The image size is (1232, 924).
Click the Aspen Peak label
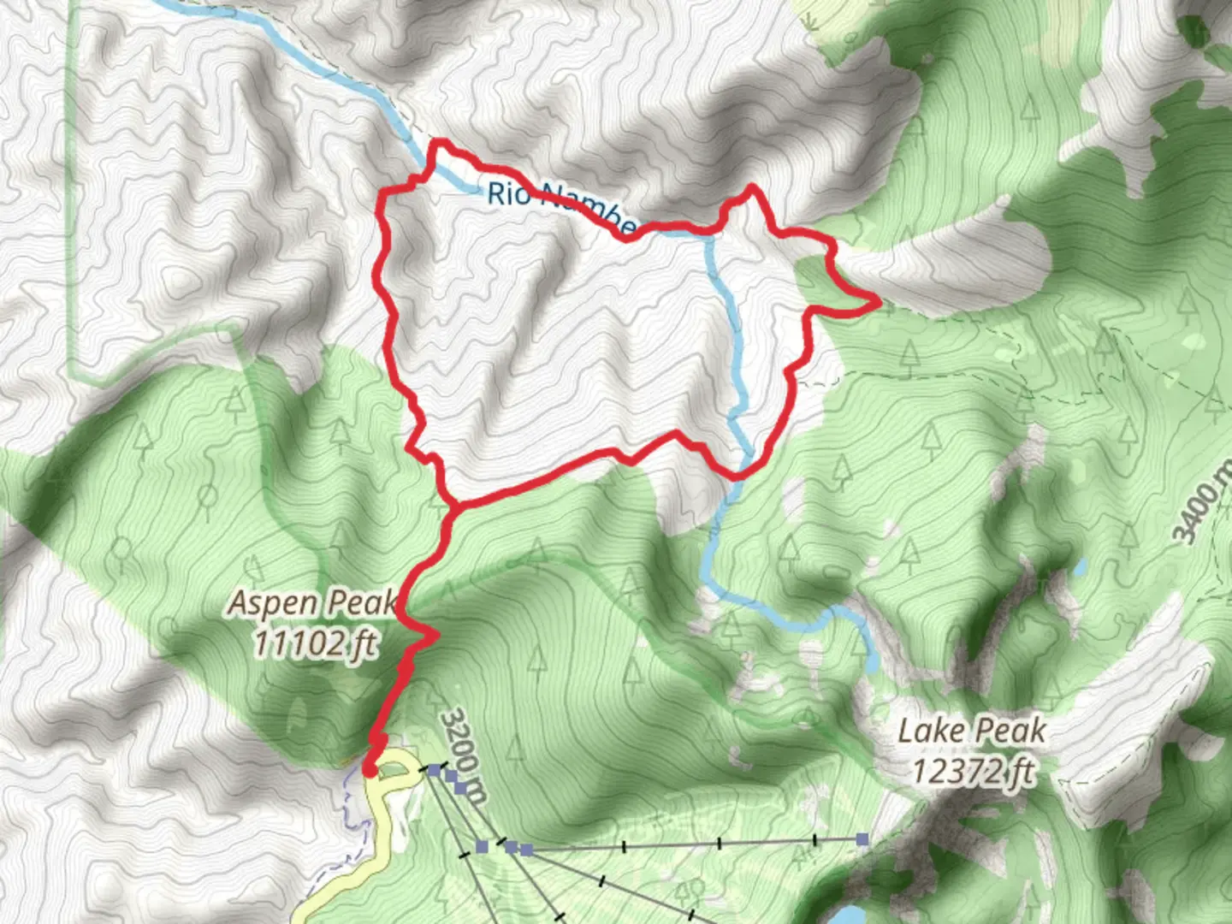tap(313, 603)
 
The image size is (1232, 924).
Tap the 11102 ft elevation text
tap(313, 643)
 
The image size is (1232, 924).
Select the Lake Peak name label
tap(972, 731)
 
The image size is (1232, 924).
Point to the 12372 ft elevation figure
tap(972, 771)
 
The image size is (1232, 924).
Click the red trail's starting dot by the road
tap(370, 771)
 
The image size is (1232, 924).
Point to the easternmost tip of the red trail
tap(878, 300)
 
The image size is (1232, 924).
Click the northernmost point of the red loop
tap(440, 142)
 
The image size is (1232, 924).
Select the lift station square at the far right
tap(862, 839)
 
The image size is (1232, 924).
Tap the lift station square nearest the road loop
tap(434, 771)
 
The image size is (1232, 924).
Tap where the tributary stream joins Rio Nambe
tap(708, 233)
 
